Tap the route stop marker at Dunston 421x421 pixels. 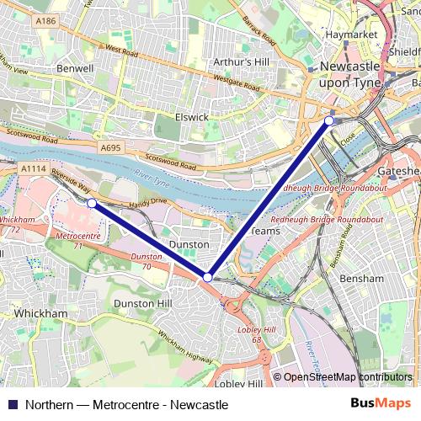click(207, 277)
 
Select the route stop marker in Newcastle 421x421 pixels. click(329, 121)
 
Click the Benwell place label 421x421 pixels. click(72, 67)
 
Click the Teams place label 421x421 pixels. click(265, 230)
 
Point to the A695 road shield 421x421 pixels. click(110, 147)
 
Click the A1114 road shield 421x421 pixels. click(33, 168)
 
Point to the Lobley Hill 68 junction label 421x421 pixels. click(252, 333)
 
